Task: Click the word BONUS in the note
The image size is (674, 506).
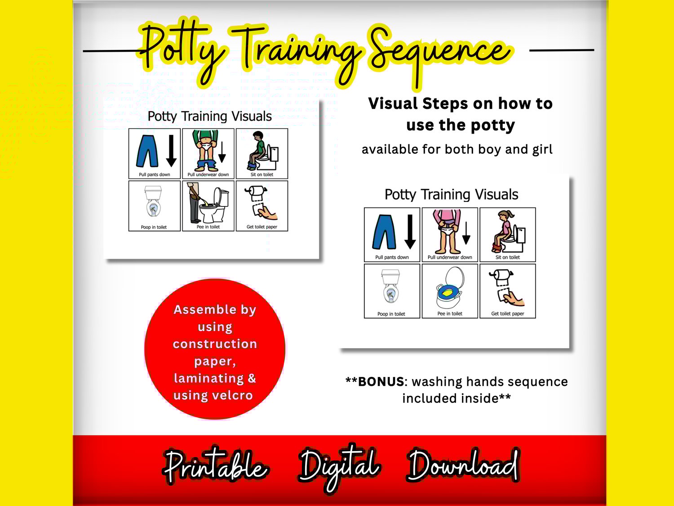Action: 381,381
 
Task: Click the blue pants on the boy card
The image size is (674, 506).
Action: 147,151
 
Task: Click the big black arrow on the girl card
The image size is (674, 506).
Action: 410,232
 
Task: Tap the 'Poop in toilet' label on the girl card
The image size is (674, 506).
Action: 391,313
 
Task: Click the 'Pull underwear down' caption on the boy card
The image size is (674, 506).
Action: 208,175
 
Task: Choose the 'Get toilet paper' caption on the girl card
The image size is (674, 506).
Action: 508,313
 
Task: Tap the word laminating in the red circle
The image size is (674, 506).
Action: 209,378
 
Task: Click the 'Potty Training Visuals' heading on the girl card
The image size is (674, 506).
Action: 452,195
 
